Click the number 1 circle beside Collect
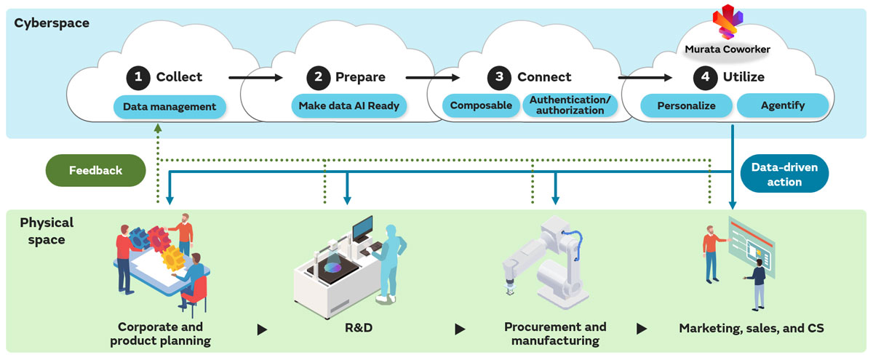137,77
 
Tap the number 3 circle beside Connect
498,77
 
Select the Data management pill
170,106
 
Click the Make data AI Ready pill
349,106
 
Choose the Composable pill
480,106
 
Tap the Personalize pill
686,106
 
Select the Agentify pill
782,106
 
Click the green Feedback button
95,170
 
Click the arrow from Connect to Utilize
645,77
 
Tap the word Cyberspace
52,23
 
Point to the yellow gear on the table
172,257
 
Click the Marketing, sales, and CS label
750,328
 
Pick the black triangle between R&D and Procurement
460,329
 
